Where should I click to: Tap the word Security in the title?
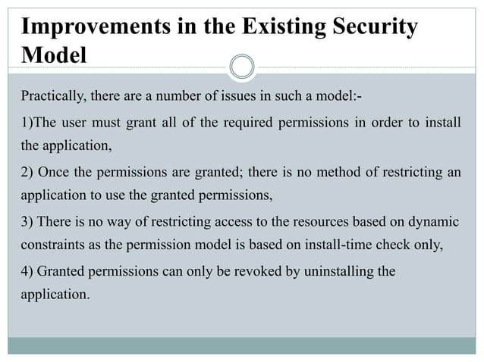pyautogui.click(x=372, y=27)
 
